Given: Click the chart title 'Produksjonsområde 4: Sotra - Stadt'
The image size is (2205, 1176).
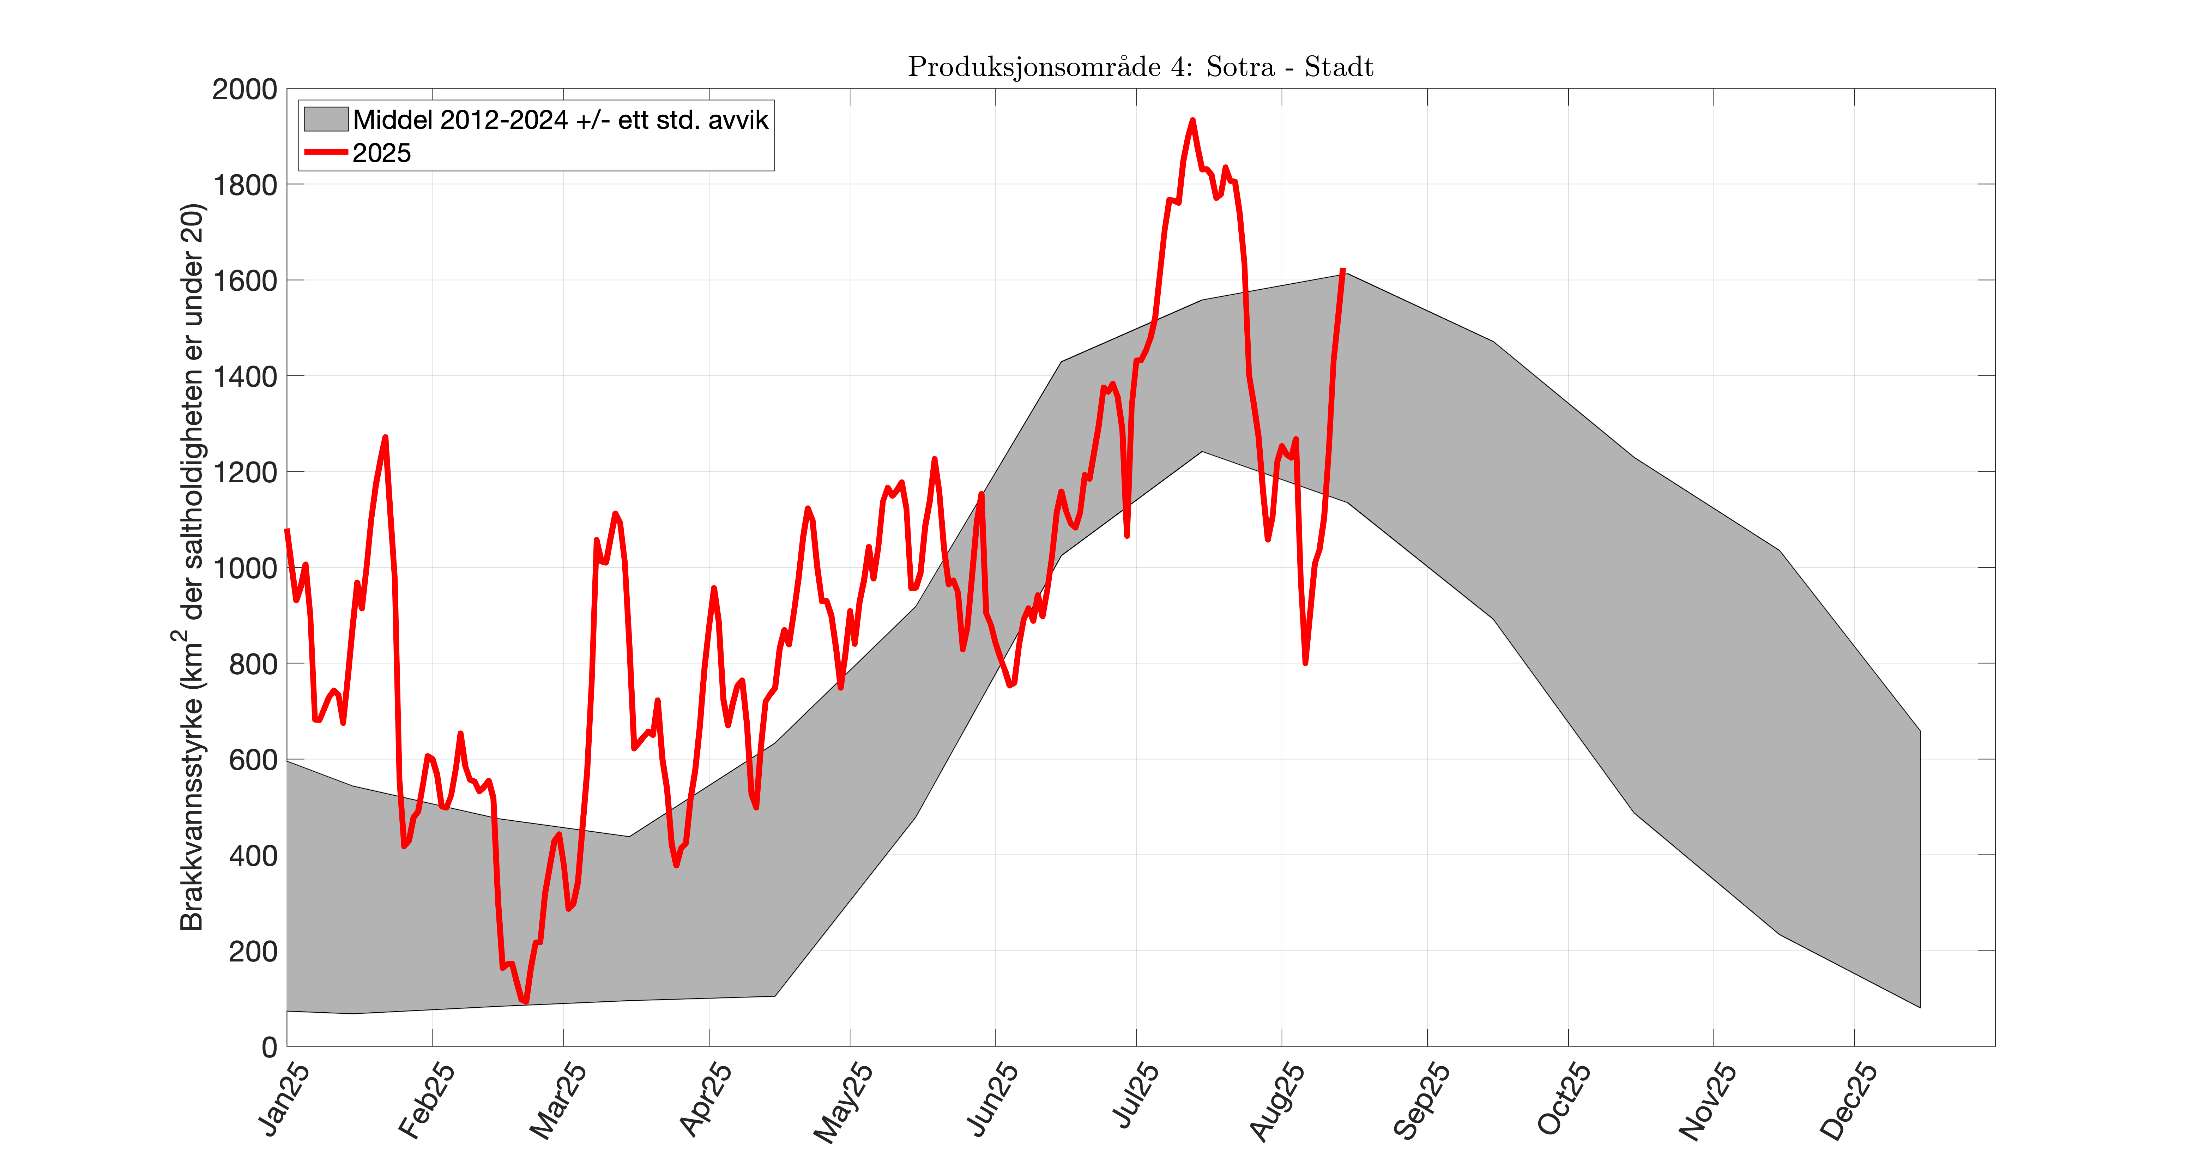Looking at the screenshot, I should click(1140, 67).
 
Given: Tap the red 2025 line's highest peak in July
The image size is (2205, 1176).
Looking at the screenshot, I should click(1192, 121).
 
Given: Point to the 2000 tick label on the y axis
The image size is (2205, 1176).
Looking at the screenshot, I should click(245, 89).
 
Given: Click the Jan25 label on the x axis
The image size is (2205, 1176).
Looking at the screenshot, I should click(284, 1101).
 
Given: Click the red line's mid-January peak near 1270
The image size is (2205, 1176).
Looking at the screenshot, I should click(385, 438).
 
